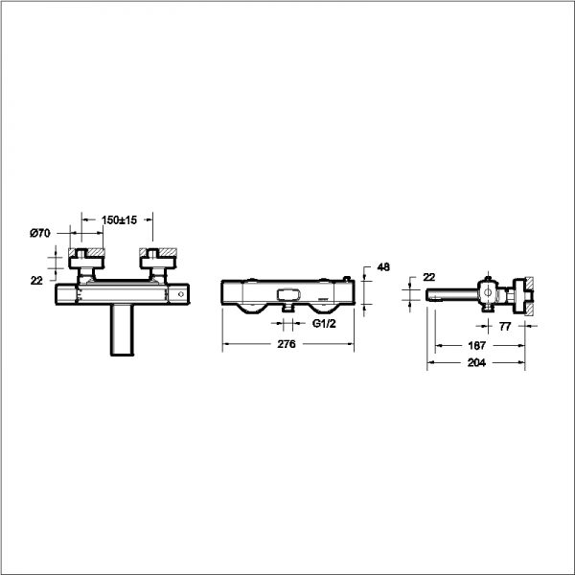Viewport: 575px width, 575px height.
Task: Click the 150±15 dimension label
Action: (x=119, y=220)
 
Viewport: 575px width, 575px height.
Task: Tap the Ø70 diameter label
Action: (x=40, y=233)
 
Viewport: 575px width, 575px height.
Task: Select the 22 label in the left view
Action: (x=36, y=281)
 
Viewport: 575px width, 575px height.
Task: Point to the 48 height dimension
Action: (x=383, y=267)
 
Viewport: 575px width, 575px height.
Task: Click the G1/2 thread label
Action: (x=324, y=323)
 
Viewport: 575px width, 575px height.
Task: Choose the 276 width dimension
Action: (x=286, y=344)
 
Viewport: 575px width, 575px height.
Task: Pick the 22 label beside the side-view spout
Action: (x=428, y=277)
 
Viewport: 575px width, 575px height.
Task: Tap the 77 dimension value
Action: (x=505, y=327)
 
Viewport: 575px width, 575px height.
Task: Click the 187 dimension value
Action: (x=476, y=345)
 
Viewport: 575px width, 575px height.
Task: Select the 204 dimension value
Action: (x=476, y=362)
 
